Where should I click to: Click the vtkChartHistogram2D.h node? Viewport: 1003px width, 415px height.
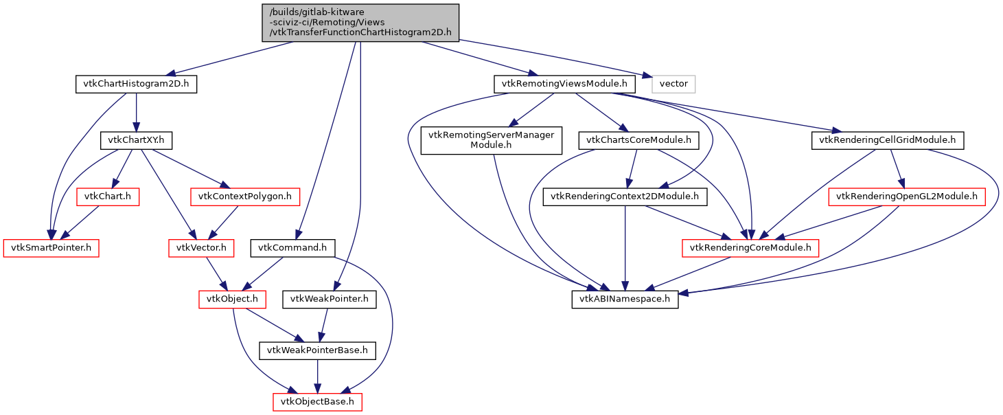[x=136, y=85]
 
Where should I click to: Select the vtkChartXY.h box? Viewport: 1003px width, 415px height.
[x=136, y=140]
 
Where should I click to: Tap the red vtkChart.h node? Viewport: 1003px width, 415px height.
[x=108, y=197]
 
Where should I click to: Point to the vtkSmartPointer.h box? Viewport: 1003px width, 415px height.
[x=51, y=247]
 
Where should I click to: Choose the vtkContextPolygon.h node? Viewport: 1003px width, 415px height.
[x=245, y=197]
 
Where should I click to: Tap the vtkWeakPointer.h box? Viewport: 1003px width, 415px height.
[x=330, y=299]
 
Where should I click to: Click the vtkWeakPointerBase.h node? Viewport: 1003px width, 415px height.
[x=317, y=350]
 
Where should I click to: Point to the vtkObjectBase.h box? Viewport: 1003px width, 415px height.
[x=317, y=401]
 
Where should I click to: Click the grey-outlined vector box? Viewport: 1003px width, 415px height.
[x=673, y=85]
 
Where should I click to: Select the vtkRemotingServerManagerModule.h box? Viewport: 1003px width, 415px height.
[x=492, y=140]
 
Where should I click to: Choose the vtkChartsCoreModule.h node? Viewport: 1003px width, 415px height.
[x=638, y=140]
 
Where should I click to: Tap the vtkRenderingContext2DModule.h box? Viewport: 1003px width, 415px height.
[x=625, y=197]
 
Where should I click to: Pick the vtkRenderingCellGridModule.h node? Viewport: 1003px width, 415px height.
[x=888, y=140]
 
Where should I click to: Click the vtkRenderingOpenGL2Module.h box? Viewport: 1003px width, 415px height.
[x=907, y=197]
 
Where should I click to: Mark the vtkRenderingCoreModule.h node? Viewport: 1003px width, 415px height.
[x=750, y=247]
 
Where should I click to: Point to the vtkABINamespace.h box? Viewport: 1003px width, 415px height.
[x=625, y=299]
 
